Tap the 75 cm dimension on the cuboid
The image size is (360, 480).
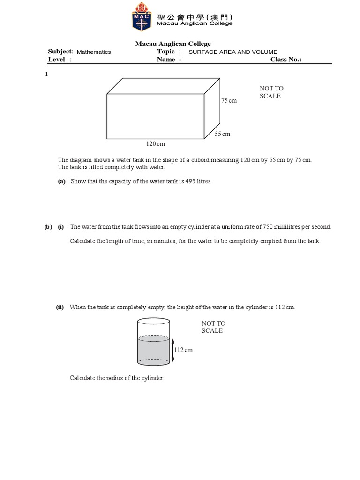click(x=229, y=101)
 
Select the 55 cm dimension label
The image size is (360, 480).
click(x=223, y=134)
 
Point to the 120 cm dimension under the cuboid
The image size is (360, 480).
click(x=155, y=144)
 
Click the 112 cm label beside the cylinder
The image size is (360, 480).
click(x=183, y=350)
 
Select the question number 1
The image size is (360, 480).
click(x=46, y=75)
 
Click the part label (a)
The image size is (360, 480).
click(x=61, y=181)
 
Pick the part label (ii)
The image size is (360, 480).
click(x=60, y=307)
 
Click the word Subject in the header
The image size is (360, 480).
click(x=60, y=52)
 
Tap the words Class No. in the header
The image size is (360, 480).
click(x=285, y=60)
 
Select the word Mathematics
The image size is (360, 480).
click(x=94, y=52)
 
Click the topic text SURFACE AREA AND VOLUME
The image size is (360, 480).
click(x=232, y=52)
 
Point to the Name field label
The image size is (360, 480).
click(x=167, y=60)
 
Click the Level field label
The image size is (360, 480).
click(x=57, y=60)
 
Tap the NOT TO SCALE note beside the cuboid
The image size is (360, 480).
click(x=271, y=92)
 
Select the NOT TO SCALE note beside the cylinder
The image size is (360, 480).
click(x=213, y=327)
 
